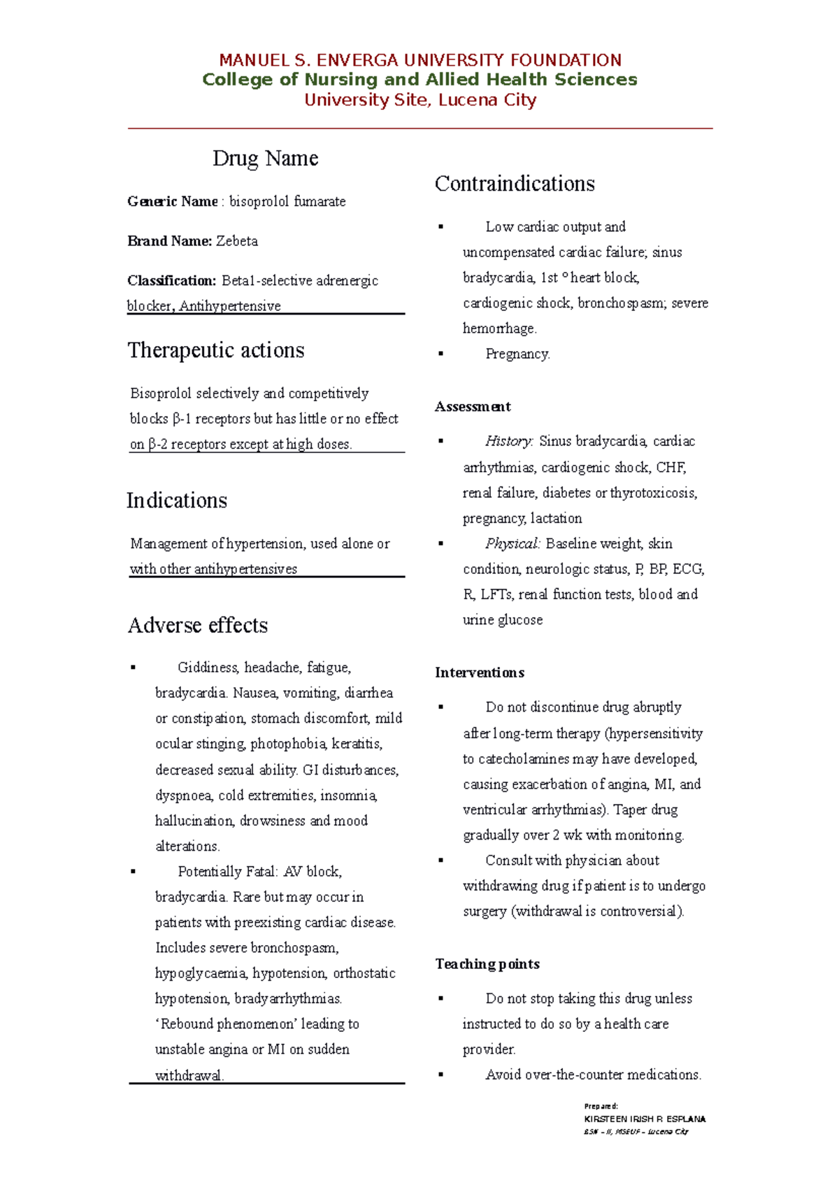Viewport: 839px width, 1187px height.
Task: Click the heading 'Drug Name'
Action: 265,159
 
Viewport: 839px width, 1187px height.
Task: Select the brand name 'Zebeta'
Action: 237,241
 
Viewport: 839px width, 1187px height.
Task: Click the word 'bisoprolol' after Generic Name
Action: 259,202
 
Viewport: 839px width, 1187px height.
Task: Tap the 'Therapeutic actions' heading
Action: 216,350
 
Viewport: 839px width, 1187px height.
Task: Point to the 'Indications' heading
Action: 177,501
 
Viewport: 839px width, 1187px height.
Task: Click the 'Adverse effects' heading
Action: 198,625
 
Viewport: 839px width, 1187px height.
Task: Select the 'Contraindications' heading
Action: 515,184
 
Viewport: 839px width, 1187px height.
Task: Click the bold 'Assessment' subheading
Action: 473,407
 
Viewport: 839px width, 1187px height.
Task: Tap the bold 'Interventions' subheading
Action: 480,672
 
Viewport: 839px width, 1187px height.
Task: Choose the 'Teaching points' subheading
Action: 487,964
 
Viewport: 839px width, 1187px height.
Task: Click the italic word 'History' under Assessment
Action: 508,441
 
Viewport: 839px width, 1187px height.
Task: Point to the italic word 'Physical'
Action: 512,544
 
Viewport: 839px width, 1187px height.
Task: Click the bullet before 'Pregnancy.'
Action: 441,354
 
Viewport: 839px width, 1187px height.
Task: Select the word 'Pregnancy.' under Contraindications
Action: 517,354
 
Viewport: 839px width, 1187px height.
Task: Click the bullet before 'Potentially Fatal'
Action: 133,872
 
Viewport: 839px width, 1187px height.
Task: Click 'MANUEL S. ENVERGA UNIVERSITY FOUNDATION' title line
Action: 420,60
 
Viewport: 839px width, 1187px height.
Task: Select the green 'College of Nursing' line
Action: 419,80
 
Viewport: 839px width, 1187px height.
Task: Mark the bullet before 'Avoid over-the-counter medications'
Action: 441,1075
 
